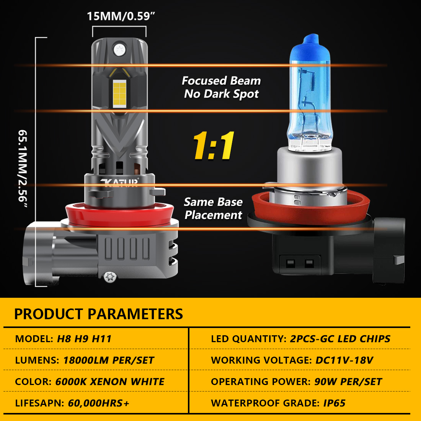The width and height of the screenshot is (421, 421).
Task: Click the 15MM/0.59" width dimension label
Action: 121,16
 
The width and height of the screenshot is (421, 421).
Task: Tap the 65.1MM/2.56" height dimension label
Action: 23,169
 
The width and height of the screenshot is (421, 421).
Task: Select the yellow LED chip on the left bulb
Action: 119,94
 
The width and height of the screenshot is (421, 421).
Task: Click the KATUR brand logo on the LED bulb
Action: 120,182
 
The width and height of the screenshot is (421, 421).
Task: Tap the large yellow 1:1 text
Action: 214,145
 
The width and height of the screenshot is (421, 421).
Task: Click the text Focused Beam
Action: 221,80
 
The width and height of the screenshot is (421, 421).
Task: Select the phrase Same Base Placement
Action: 213,208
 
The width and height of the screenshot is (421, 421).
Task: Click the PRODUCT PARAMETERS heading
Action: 98,314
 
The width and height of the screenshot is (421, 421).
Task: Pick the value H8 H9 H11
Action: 84,339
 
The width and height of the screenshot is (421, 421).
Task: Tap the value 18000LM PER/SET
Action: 109,360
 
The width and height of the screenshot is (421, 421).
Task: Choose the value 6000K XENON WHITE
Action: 110,382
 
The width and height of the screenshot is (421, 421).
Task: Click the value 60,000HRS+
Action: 98,403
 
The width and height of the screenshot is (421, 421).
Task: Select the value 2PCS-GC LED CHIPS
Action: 340,339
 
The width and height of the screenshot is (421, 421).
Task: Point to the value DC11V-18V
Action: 344,360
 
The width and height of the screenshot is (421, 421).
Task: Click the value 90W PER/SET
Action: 348,382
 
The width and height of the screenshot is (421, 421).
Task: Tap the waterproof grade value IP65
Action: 334,403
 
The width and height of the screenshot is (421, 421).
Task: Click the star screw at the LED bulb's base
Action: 110,277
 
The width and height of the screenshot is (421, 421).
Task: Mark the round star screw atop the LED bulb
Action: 119,50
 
